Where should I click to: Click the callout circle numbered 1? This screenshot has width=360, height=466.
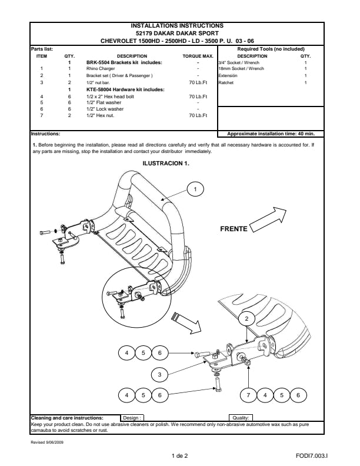pyautogui.click(x=195, y=189)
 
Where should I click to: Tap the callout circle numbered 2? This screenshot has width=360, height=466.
pyautogui.click(x=246, y=319)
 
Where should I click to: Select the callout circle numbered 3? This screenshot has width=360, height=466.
pyautogui.click(x=159, y=374)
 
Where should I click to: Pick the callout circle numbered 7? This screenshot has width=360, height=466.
pyautogui.click(x=248, y=395)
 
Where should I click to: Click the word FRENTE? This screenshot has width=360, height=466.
pyautogui.click(x=234, y=229)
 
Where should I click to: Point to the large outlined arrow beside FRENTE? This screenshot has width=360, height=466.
pyautogui.click(x=268, y=219)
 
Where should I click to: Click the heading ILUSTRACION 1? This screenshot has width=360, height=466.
pyautogui.click(x=166, y=163)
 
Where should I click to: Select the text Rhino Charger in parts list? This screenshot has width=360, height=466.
pyautogui.click(x=101, y=68)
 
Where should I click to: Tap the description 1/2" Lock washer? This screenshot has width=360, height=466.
pyautogui.click(x=105, y=109)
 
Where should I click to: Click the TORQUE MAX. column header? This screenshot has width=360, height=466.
pyautogui.click(x=198, y=56)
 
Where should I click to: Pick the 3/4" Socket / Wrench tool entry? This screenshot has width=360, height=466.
pyautogui.click(x=239, y=62)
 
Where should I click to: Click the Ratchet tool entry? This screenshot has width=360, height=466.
pyautogui.click(x=226, y=82)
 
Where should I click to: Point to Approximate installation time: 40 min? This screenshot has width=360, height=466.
pyautogui.click(x=271, y=134)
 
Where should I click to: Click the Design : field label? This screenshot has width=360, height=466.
pyautogui.click(x=132, y=418)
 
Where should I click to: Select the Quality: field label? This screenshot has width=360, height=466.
pyautogui.click(x=241, y=418)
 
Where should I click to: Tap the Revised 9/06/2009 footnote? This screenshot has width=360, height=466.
pyautogui.click(x=47, y=442)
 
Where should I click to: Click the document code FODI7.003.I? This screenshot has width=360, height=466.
pyautogui.click(x=312, y=455)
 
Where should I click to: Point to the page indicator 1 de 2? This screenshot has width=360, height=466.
pyautogui.click(x=179, y=455)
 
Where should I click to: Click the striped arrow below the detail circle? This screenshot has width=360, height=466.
pyautogui.click(x=186, y=323)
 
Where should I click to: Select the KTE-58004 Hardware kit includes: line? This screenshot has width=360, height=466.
pyautogui.click(x=125, y=89)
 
